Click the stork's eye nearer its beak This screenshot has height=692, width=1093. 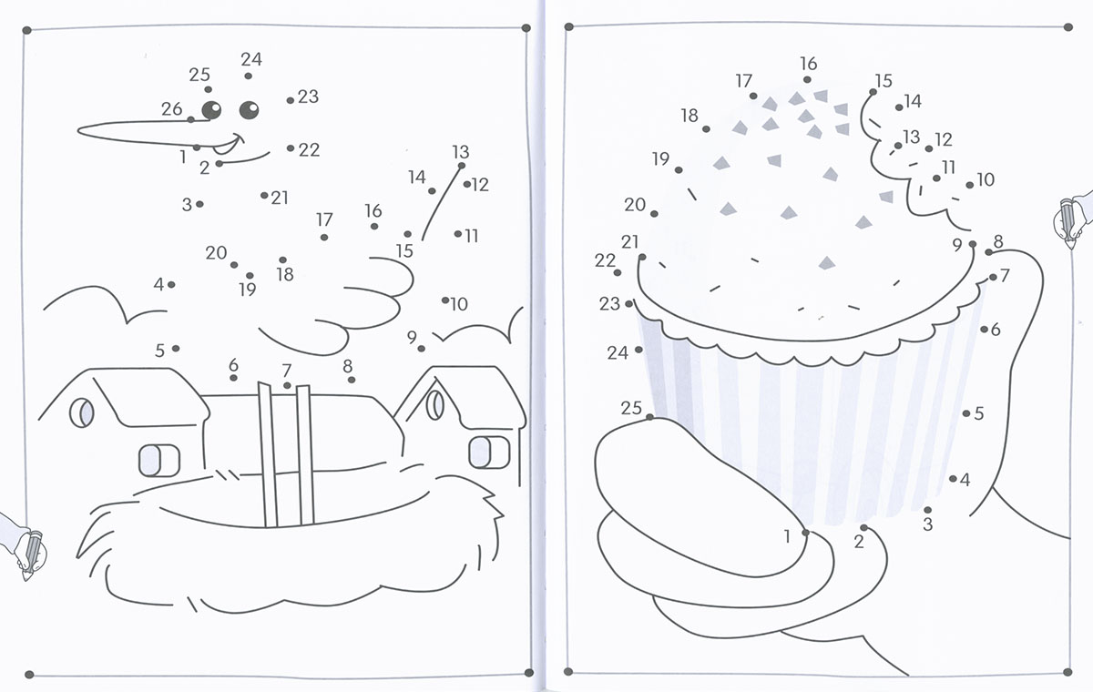tap(211, 110)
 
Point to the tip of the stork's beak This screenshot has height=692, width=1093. tap(78, 131)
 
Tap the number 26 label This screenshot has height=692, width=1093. tap(172, 108)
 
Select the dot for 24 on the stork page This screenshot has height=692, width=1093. tap(248, 76)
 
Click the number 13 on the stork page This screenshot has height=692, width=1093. tap(461, 152)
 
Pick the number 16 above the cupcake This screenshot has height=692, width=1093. tap(809, 64)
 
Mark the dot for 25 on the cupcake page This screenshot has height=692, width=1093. tap(649, 417)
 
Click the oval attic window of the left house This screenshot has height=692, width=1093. tap(81, 412)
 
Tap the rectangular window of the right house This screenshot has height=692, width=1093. tap(489, 452)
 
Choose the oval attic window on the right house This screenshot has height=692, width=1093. tap(434, 405)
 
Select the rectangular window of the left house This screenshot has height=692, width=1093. tap(159, 460)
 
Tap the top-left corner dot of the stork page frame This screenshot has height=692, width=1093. tap(26, 30)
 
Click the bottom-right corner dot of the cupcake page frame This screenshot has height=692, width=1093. tap(1067, 672)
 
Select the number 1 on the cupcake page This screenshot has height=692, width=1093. tap(787, 536)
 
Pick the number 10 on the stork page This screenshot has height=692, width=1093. tap(459, 304)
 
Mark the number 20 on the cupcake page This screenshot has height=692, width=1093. tap(635, 204)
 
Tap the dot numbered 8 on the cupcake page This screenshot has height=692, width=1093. tap(988, 252)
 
